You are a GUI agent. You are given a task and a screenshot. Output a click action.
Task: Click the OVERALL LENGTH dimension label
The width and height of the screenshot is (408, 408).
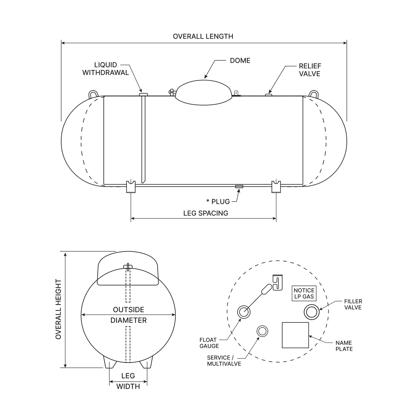(203, 36)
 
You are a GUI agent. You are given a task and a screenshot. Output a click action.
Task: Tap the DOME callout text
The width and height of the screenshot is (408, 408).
(240, 60)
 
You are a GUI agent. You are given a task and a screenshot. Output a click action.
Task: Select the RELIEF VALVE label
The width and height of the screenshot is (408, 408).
(310, 70)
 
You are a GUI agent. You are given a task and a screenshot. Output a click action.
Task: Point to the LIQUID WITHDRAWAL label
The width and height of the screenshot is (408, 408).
(106, 69)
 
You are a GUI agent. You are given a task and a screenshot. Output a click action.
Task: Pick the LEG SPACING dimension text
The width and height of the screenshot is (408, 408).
(206, 213)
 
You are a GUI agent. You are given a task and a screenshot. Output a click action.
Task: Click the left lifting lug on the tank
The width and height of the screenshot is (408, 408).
(93, 94)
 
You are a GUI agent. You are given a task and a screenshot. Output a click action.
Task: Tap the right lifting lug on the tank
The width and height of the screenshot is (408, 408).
(314, 94)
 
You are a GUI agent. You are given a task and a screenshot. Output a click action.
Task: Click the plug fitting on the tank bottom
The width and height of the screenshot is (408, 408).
(239, 186)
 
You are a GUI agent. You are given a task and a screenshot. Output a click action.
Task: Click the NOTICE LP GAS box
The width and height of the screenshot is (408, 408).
(304, 293)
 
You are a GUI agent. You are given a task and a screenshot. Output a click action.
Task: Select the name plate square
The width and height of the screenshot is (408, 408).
(295, 335)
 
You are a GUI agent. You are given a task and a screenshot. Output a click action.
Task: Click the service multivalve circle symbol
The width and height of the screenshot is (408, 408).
(262, 331)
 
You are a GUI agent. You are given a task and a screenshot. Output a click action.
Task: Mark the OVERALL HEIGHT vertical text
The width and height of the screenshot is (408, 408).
(58, 309)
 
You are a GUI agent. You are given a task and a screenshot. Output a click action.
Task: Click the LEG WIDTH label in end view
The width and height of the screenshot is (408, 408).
(128, 381)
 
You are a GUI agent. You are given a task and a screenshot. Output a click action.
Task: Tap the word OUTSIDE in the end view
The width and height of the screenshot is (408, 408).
(128, 310)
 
